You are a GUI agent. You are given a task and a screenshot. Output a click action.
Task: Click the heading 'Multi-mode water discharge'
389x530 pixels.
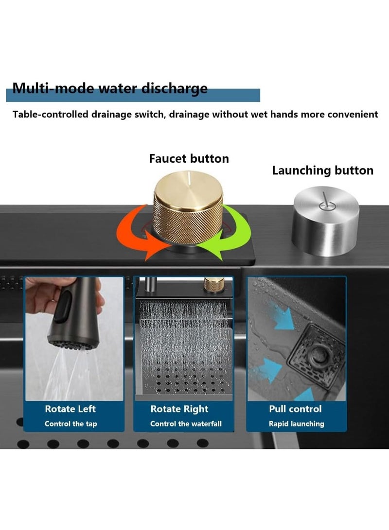tap(110, 88)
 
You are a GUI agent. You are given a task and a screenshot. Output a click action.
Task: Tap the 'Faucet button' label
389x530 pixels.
tap(189, 159)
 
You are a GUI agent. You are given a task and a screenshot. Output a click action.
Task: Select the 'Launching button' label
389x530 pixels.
tap(322, 171)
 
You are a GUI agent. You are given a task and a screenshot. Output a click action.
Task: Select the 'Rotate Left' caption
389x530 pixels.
tap(71, 409)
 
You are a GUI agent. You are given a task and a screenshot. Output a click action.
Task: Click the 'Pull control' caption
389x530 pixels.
tap(296, 409)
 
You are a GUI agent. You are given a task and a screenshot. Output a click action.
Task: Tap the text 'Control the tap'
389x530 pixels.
tap(71, 424)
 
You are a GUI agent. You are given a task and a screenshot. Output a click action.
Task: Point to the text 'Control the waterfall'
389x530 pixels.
tap(186, 424)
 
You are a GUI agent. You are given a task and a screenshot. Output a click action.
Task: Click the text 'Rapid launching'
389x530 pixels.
tap(296, 424)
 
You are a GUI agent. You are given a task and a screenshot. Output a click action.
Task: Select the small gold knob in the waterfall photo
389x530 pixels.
tap(212, 284)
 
